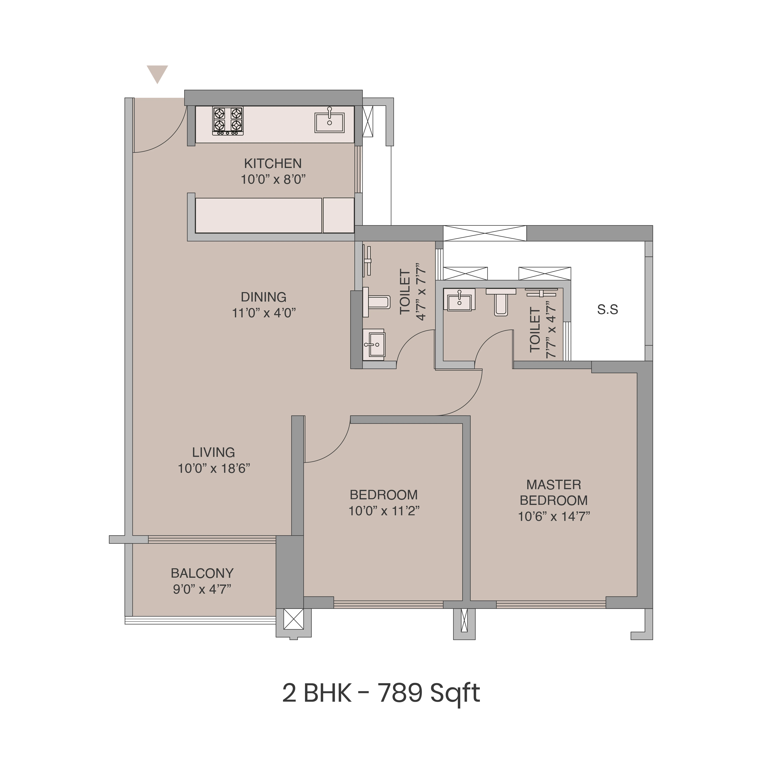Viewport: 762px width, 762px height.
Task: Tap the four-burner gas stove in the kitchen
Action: point(228,121)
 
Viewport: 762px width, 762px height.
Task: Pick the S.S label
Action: point(607,310)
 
